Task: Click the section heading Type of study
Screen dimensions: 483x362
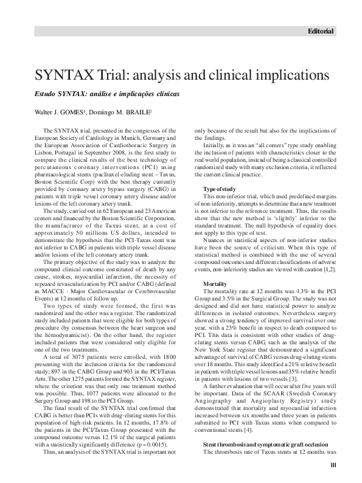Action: (220, 190)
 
